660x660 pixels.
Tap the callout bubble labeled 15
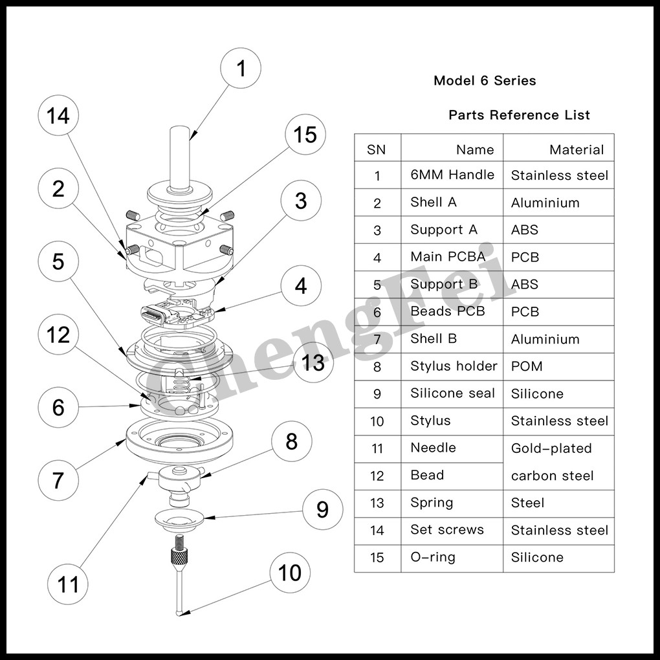(x=305, y=135)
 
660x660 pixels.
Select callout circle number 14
(x=58, y=116)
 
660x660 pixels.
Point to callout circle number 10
(x=289, y=573)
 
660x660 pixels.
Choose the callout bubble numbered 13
(x=313, y=362)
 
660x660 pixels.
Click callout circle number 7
(x=58, y=480)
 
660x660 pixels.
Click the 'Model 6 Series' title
(x=485, y=81)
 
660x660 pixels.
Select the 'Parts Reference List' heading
(x=519, y=115)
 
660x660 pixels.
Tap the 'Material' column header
(x=576, y=149)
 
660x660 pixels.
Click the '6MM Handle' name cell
(x=452, y=175)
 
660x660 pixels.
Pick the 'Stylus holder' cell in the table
(x=454, y=366)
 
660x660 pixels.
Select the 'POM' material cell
(x=527, y=366)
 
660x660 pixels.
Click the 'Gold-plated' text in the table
(x=551, y=448)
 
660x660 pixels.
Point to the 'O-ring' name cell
(x=432, y=557)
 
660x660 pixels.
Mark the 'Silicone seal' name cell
(x=452, y=393)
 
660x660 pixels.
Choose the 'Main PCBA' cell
(x=447, y=257)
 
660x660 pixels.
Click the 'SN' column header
(x=376, y=149)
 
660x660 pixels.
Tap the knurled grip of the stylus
(x=178, y=555)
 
